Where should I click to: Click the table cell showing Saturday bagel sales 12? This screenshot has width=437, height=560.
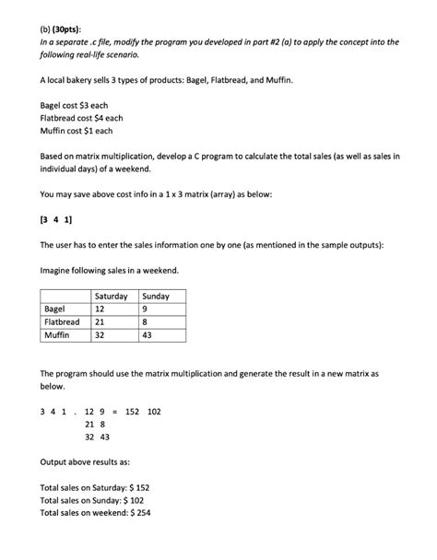(101, 309)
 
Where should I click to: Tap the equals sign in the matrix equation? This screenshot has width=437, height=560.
(113, 411)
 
